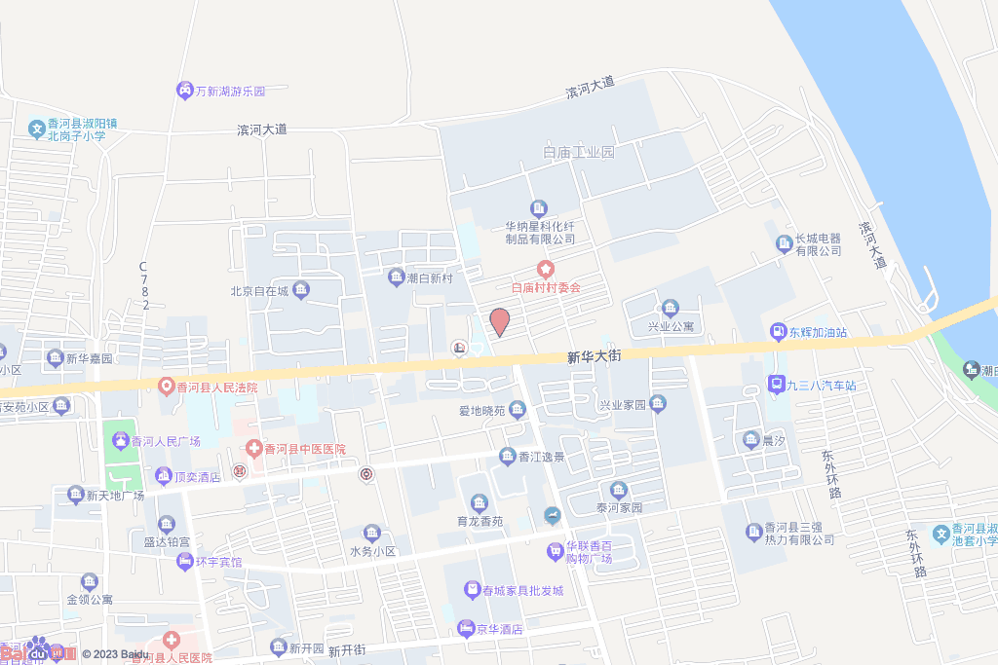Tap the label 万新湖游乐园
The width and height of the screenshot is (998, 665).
click(x=230, y=91)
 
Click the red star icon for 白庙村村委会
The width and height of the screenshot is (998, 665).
click(x=547, y=269)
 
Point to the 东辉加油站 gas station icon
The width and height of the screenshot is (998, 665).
click(x=777, y=332)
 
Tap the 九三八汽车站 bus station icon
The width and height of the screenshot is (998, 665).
click(x=776, y=385)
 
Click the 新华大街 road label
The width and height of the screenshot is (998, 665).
click(x=594, y=357)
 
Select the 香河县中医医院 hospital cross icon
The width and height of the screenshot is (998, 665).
click(x=253, y=449)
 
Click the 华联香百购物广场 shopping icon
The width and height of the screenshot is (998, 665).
click(x=555, y=551)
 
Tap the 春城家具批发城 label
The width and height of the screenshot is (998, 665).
click(x=522, y=590)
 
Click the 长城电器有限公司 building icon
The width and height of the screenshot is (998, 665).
click(x=784, y=243)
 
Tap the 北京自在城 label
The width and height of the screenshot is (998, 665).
click(x=259, y=290)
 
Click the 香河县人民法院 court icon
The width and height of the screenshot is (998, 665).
click(x=167, y=387)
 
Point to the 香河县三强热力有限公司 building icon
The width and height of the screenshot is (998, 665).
click(x=753, y=532)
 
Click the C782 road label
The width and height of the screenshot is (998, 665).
click(x=143, y=285)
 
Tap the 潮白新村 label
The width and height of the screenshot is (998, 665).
click(x=430, y=278)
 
